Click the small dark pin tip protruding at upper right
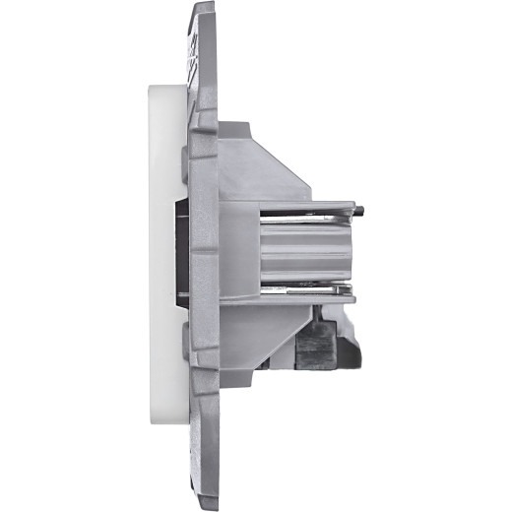pos(361,210)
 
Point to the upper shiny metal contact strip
pos(315,209)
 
